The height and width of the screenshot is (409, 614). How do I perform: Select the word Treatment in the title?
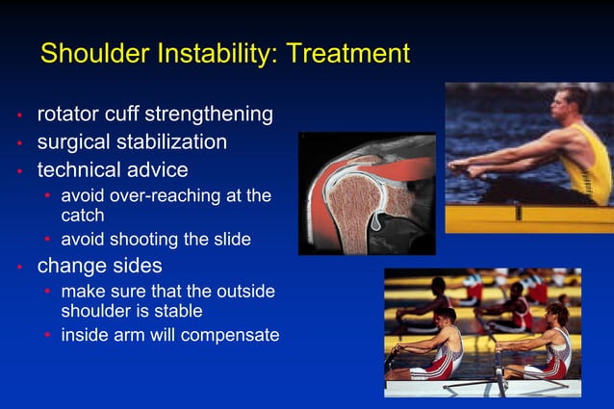(x=347, y=53)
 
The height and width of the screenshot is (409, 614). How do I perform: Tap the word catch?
(x=83, y=216)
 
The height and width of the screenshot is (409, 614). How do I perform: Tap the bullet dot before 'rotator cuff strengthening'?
(x=18, y=116)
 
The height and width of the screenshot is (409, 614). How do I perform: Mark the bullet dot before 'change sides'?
(x=18, y=267)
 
